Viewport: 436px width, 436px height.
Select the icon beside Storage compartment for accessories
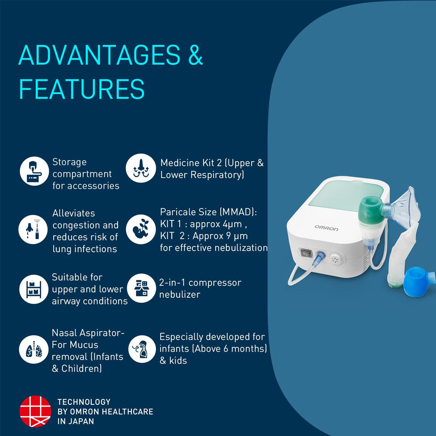coord(34,171)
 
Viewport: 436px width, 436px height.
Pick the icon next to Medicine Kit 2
coord(141,168)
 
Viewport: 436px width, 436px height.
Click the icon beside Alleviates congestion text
coord(33,229)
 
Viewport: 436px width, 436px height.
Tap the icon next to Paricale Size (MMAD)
coord(141,229)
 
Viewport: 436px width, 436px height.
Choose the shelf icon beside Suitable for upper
coord(34,289)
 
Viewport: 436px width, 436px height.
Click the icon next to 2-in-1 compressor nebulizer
coord(142,288)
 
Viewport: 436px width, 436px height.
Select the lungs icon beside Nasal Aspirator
coord(34,349)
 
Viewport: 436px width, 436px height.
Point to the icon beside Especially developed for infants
coord(142,349)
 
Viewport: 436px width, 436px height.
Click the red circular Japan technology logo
coord(35,411)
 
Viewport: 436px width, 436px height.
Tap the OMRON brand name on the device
coord(326,228)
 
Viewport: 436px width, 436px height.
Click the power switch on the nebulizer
coord(306,253)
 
